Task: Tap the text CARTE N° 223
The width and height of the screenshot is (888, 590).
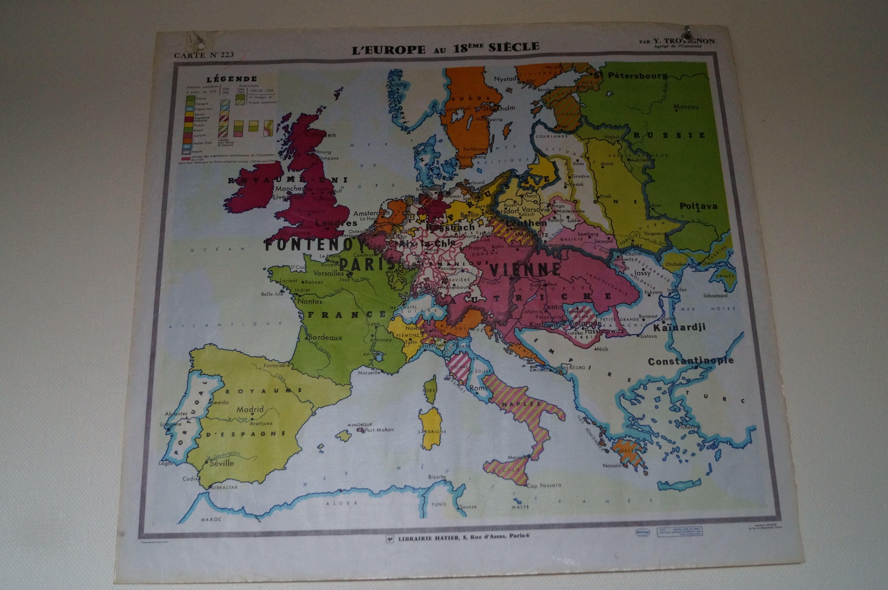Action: (204, 55)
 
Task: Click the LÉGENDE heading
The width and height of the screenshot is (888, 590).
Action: (231, 79)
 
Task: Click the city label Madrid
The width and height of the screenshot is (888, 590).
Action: (250, 409)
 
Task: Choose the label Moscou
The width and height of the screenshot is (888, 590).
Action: (686, 107)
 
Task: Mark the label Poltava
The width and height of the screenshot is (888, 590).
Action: (698, 206)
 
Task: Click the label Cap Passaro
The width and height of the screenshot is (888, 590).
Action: (544, 485)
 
